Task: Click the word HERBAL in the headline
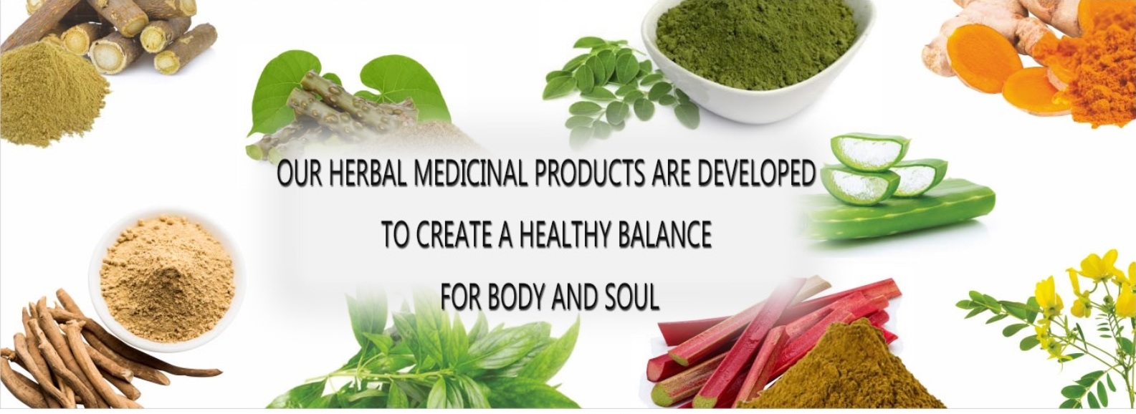click(x=368, y=175)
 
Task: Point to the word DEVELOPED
click(x=755, y=175)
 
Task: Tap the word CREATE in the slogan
click(x=452, y=235)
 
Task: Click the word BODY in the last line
click(x=515, y=297)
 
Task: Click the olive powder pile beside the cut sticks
click(x=51, y=94)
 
